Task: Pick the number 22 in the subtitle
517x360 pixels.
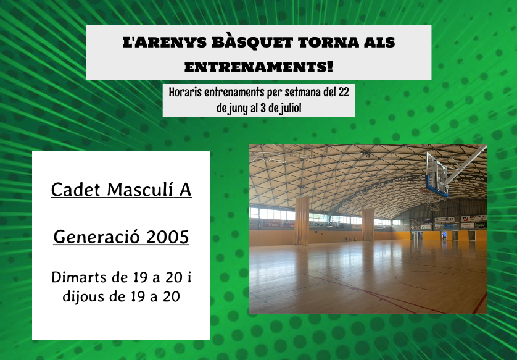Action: [343, 92]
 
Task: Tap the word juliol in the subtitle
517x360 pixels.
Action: [291, 108]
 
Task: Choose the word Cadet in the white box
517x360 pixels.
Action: [75, 190]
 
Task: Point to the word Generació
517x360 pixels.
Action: [97, 237]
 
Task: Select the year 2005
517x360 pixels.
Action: [168, 237]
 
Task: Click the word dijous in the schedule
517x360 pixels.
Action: [84, 296]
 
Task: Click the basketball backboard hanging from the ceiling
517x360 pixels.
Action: [436, 174]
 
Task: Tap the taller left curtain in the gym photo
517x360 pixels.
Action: [302, 221]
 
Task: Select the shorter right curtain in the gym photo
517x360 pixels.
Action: [368, 225]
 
